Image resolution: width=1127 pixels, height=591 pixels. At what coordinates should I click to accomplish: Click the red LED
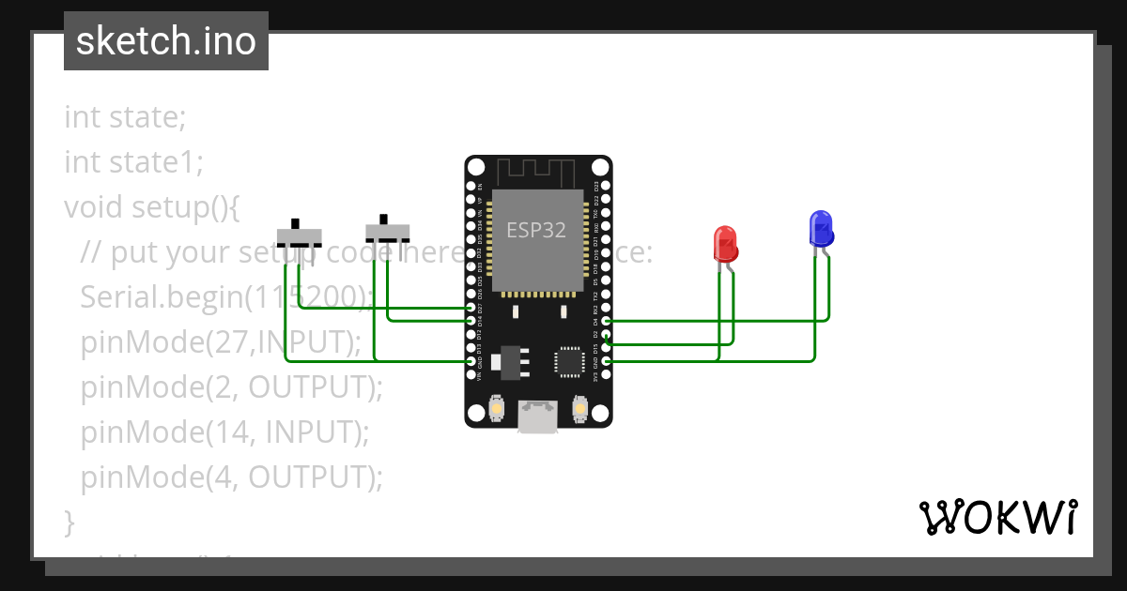tap(725, 244)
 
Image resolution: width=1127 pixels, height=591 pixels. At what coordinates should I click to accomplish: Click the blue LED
tap(821, 229)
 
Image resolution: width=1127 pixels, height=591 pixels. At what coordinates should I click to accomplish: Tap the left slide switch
tap(300, 235)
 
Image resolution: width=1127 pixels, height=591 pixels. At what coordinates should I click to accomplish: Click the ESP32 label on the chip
tap(536, 230)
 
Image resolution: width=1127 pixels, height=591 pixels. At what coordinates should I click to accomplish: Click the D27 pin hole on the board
tap(471, 308)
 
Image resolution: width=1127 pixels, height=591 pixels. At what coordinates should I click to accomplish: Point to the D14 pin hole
tap(471, 321)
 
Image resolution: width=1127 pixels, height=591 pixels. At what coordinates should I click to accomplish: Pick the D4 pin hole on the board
tap(607, 321)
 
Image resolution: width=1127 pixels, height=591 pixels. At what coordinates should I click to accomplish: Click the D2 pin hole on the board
tap(607, 334)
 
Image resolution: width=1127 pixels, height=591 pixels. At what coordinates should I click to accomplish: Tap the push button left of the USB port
tap(496, 410)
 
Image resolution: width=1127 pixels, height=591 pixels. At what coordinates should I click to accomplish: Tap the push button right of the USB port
tap(580, 410)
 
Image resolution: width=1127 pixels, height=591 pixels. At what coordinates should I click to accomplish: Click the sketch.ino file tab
tap(166, 41)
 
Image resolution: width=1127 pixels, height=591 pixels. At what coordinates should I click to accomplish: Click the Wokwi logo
tap(997, 517)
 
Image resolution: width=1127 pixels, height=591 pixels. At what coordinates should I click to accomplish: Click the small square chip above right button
tap(570, 362)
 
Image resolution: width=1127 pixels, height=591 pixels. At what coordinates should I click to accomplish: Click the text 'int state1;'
tap(133, 162)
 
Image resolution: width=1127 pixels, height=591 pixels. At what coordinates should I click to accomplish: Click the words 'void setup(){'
tap(152, 205)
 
